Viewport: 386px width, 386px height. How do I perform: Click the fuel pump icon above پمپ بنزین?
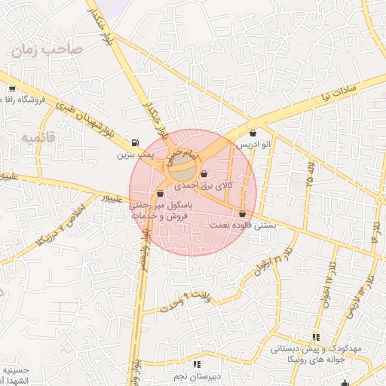click(x=135, y=142)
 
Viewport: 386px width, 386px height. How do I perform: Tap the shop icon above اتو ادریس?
click(x=252, y=133)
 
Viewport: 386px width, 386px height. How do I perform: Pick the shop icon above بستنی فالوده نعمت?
click(x=241, y=213)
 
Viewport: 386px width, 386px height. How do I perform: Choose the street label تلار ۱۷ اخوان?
click(x=329, y=281)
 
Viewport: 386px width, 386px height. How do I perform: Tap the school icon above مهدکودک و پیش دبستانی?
click(x=315, y=337)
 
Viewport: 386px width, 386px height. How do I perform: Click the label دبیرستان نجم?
click(x=197, y=375)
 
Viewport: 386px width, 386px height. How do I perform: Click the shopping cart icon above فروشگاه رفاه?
click(x=11, y=89)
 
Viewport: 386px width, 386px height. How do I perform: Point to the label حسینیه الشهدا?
click(x=14, y=375)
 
